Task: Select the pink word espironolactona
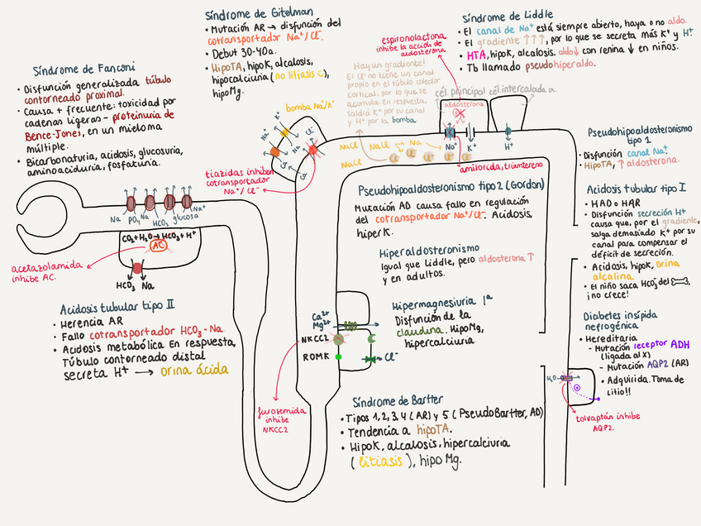[402, 40]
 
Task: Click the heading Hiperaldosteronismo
[428, 248]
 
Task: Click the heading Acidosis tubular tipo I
[622, 189]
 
